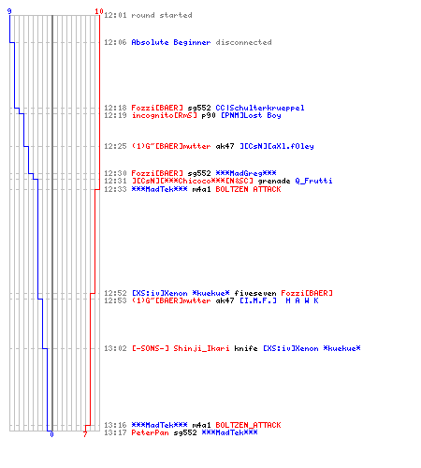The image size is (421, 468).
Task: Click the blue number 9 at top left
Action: point(9,11)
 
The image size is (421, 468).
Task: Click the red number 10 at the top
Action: point(99,11)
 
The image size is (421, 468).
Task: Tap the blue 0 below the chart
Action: point(51,434)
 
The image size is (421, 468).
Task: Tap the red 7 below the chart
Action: point(85,434)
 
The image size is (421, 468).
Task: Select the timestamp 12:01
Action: point(115,15)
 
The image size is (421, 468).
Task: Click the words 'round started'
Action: point(162,15)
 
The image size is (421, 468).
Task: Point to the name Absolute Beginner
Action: point(171,42)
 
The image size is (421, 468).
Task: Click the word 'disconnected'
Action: point(243,42)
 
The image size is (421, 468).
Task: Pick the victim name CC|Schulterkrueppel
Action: point(260,108)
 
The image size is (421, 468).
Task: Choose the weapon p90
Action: point(209,115)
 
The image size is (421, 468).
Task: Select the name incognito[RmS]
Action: point(164,115)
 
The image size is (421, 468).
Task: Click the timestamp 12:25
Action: point(115,146)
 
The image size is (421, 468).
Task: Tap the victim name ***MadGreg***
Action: point(246,173)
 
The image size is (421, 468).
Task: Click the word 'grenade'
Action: point(274,181)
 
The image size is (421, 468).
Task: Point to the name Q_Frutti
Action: point(313,181)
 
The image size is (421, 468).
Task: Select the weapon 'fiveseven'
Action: point(255,293)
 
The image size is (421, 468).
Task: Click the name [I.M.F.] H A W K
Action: point(279,300)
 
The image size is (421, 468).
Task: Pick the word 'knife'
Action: point(246,348)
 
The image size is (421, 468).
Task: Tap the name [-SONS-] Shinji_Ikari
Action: point(181,348)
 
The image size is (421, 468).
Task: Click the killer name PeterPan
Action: point(150,432)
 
